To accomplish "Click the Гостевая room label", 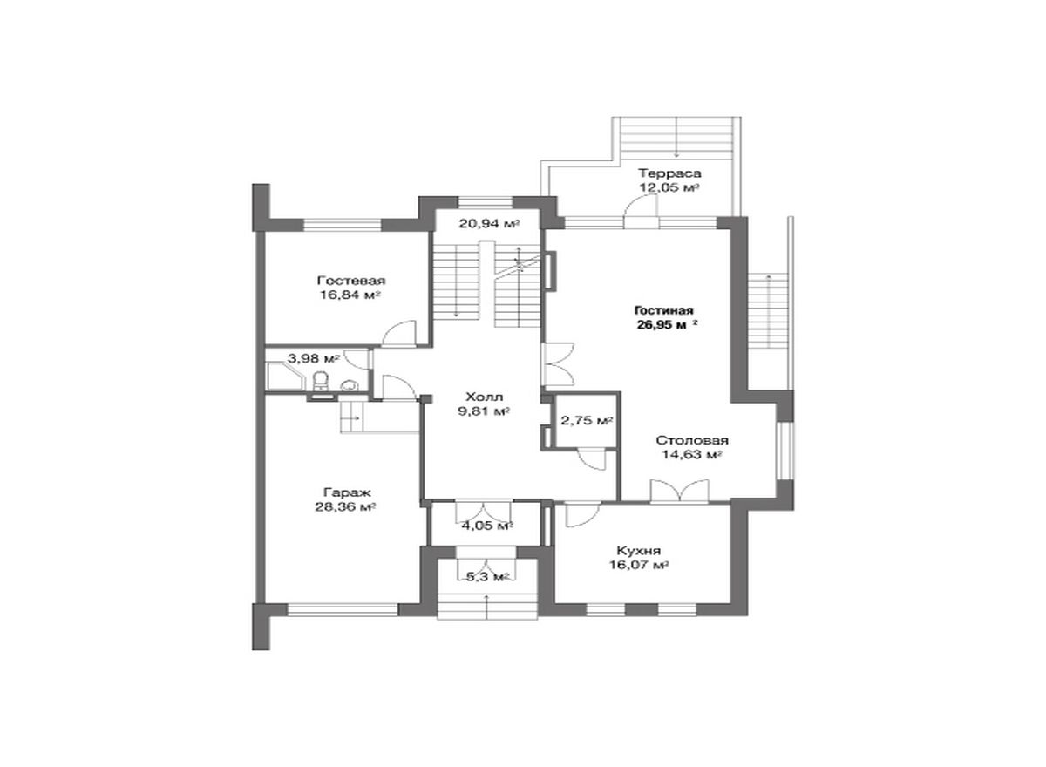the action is pos(351,281).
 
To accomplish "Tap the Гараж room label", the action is pos(347,492).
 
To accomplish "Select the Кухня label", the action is pos(638,551).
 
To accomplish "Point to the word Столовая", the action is pos(692,440).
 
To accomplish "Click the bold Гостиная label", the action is pos(663,310).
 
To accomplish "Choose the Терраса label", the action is pos(669,173).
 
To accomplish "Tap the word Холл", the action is pos(485,397).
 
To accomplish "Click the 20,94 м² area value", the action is pos(489,224).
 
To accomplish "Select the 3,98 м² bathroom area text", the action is pos(313,358).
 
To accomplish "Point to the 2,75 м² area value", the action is pos(587,421).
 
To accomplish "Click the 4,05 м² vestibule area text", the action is pos(487,526).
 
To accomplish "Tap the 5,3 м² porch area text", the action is pos(487,576).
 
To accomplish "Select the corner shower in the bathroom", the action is pos(284,378).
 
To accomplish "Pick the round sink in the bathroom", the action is pos(350,385).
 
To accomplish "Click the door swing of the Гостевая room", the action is pos(400,333).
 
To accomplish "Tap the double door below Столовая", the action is pos(680,491).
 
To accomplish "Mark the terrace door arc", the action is pos(641,206).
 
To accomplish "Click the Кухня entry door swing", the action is pos(582,515).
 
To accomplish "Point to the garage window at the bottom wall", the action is pos(343,610).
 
